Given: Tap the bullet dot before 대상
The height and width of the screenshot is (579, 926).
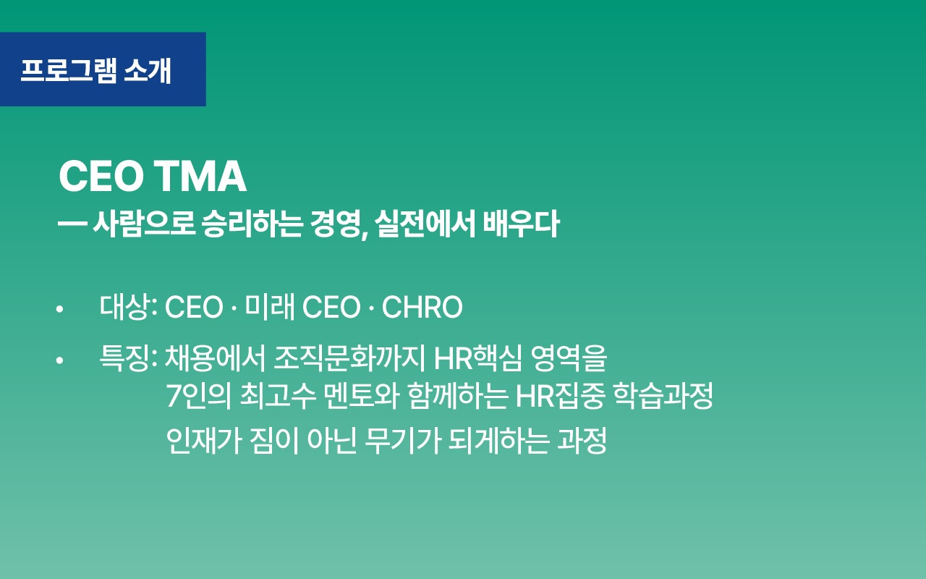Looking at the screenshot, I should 60,310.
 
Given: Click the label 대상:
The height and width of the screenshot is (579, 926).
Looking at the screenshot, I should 129,308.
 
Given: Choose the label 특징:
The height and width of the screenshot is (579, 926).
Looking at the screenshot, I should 129,358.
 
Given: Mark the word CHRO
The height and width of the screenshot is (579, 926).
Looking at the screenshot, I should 422,308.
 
